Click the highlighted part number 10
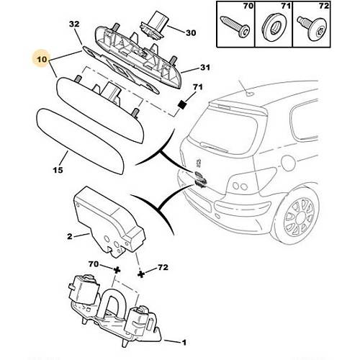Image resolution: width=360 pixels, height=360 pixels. click(x=42, y=59)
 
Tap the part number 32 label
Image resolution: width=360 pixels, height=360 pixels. click(x=74, y=24)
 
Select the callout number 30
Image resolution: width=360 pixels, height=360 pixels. click(x=191, y=32)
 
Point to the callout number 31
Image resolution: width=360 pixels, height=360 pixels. click(x=205, y=68)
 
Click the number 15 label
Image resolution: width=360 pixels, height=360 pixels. click(x=58, y=170)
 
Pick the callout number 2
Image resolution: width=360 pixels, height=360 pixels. click(x=70, y=236)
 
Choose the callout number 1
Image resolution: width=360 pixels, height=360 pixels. click(x=184, y=342)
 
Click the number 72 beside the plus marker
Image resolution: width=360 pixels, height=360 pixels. click(x=163, y=267)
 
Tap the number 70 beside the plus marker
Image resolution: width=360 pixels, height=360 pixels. click(x=94, y=264)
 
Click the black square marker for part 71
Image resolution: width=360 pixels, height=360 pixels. click(x=182, y=104)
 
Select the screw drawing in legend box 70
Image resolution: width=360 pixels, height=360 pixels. click(x=235, y=26)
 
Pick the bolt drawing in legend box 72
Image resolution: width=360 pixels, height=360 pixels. click(x=312, y=27)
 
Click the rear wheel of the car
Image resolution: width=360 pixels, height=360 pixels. click(x=298, y=215)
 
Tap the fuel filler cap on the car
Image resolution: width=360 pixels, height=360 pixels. click(x=289, y=163)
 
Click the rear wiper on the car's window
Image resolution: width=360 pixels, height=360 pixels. click(x=214, y=147)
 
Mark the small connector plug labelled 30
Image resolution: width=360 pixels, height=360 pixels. click(x=153, y=28)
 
